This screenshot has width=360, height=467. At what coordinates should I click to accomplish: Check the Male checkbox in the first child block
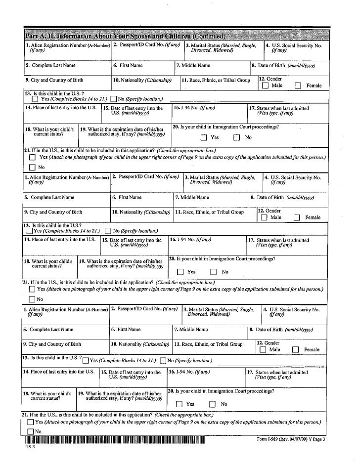[265, 86]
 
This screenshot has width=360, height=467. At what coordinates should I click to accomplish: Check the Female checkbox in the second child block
[297, 217]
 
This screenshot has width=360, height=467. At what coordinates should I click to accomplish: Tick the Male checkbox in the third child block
[263, 350]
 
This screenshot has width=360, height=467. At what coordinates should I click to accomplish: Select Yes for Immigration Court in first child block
[204, 138]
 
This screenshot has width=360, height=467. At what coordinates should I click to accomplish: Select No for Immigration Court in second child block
[213, 272]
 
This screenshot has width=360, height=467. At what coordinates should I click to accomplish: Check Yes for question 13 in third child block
[85, 361]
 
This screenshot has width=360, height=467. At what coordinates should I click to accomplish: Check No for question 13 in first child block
[114, 99]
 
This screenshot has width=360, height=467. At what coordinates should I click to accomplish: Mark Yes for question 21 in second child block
[32, 289]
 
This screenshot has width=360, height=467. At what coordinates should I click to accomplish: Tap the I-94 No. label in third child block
[190, 372]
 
